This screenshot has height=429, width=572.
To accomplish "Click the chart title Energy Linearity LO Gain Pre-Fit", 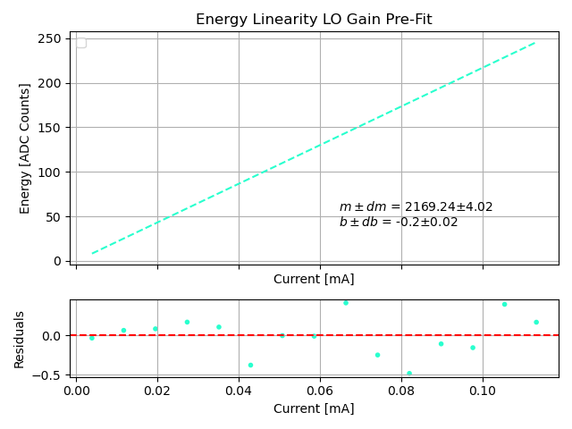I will tap(314, 20).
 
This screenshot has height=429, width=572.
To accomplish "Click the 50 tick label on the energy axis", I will tap(54, 216).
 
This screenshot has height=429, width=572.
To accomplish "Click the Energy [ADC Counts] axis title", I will tap(25, 148).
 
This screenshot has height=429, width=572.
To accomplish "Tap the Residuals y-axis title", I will tap(20, 340).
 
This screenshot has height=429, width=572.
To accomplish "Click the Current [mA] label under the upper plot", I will tap(314, 279).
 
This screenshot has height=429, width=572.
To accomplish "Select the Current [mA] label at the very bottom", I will tap(314, 408).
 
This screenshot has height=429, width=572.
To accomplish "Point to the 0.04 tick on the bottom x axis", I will tap(239, 391).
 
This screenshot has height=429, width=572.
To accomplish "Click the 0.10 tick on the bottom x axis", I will tap(483, 391).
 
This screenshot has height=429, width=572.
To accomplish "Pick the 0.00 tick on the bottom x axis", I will tap(76, 391).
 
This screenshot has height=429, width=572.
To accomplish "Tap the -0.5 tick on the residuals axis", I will tap(50, 375).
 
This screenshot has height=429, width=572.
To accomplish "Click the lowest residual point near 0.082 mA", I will tap(409, 374).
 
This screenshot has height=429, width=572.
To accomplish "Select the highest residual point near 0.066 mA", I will tap(346, 303).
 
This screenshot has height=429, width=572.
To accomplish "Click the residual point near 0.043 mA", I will tap(250, 365).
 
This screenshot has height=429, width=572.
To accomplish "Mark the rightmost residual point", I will tap(536, 323).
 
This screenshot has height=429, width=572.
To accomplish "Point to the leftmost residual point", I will tap(92, 338).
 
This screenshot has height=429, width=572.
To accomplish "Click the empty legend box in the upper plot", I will tap(81, 43).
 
